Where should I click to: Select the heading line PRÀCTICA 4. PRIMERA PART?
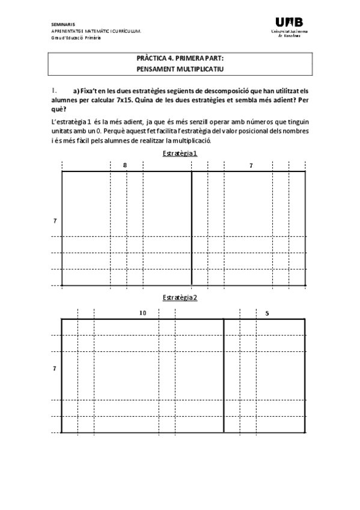pyautogui.click(x=180, y=60)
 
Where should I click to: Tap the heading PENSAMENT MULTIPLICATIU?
pyautogui.click(x=180, y=69)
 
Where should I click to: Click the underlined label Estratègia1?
pyautogui.click(x=180, y=153)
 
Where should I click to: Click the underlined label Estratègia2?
pyautogui.click(x=180, y=298)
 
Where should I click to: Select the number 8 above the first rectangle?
pyautogui.click(x=125, y=165)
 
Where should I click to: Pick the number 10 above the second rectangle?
pyautogui.click(x=142, y=313)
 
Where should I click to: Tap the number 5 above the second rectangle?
pyautogui.click(x=267, y=313)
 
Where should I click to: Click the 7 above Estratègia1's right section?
pyautogui.click(x=251, y=165)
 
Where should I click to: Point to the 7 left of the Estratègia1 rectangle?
pyautogui.click(x=55, y=221)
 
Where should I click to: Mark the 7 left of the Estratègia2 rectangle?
pyautogui.click(x=55, y=367)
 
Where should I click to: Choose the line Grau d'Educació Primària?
pyautogui.click(x=76, y=37)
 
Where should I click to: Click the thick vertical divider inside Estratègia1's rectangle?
pyautogui.click(x=192, y=229)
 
